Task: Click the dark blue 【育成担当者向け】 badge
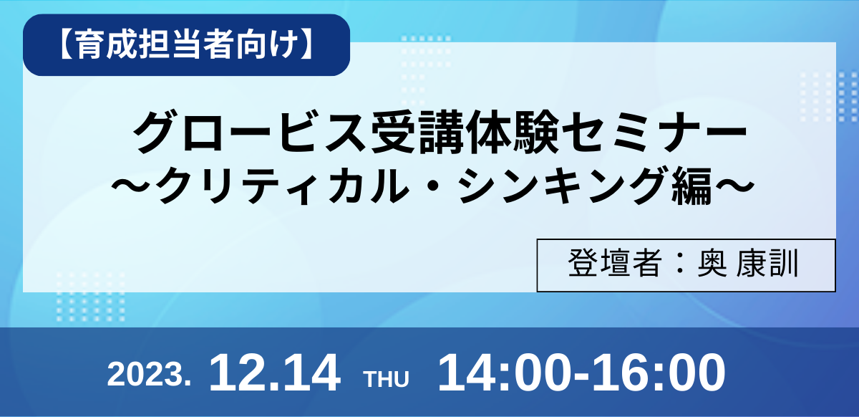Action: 186,45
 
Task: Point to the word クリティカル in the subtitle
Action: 282,186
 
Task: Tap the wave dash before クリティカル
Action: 132,186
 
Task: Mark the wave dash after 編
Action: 733,186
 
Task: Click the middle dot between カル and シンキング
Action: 433,186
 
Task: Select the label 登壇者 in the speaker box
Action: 615,264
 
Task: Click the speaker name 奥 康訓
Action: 748,264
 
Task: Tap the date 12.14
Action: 275,373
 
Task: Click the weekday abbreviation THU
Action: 387,379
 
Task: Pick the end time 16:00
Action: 659,373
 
